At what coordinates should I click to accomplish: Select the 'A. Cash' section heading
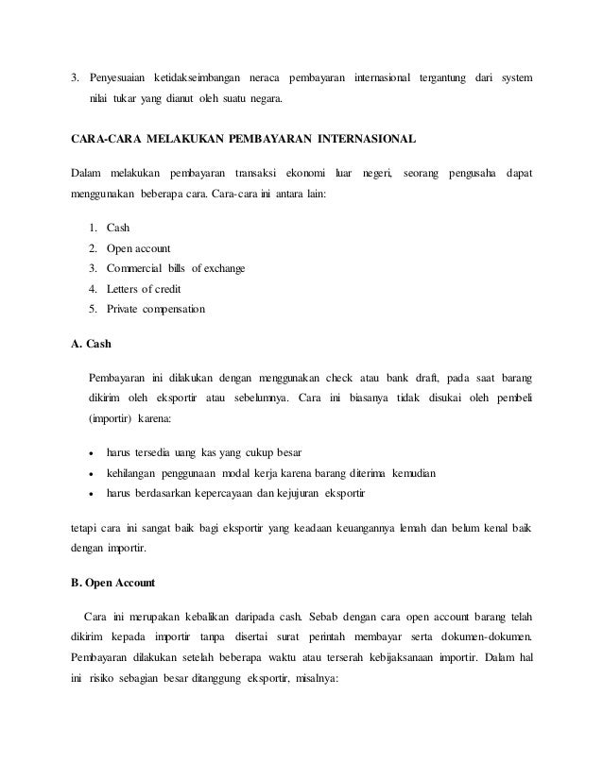(x=92, y=345)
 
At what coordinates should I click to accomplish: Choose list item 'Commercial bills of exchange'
(x=176, y=268)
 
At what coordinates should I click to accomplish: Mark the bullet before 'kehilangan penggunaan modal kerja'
(x=91, y=474)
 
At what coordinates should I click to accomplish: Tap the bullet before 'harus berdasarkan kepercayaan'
(x=91, y=494)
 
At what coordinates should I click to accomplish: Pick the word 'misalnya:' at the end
(x=301, y=661)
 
